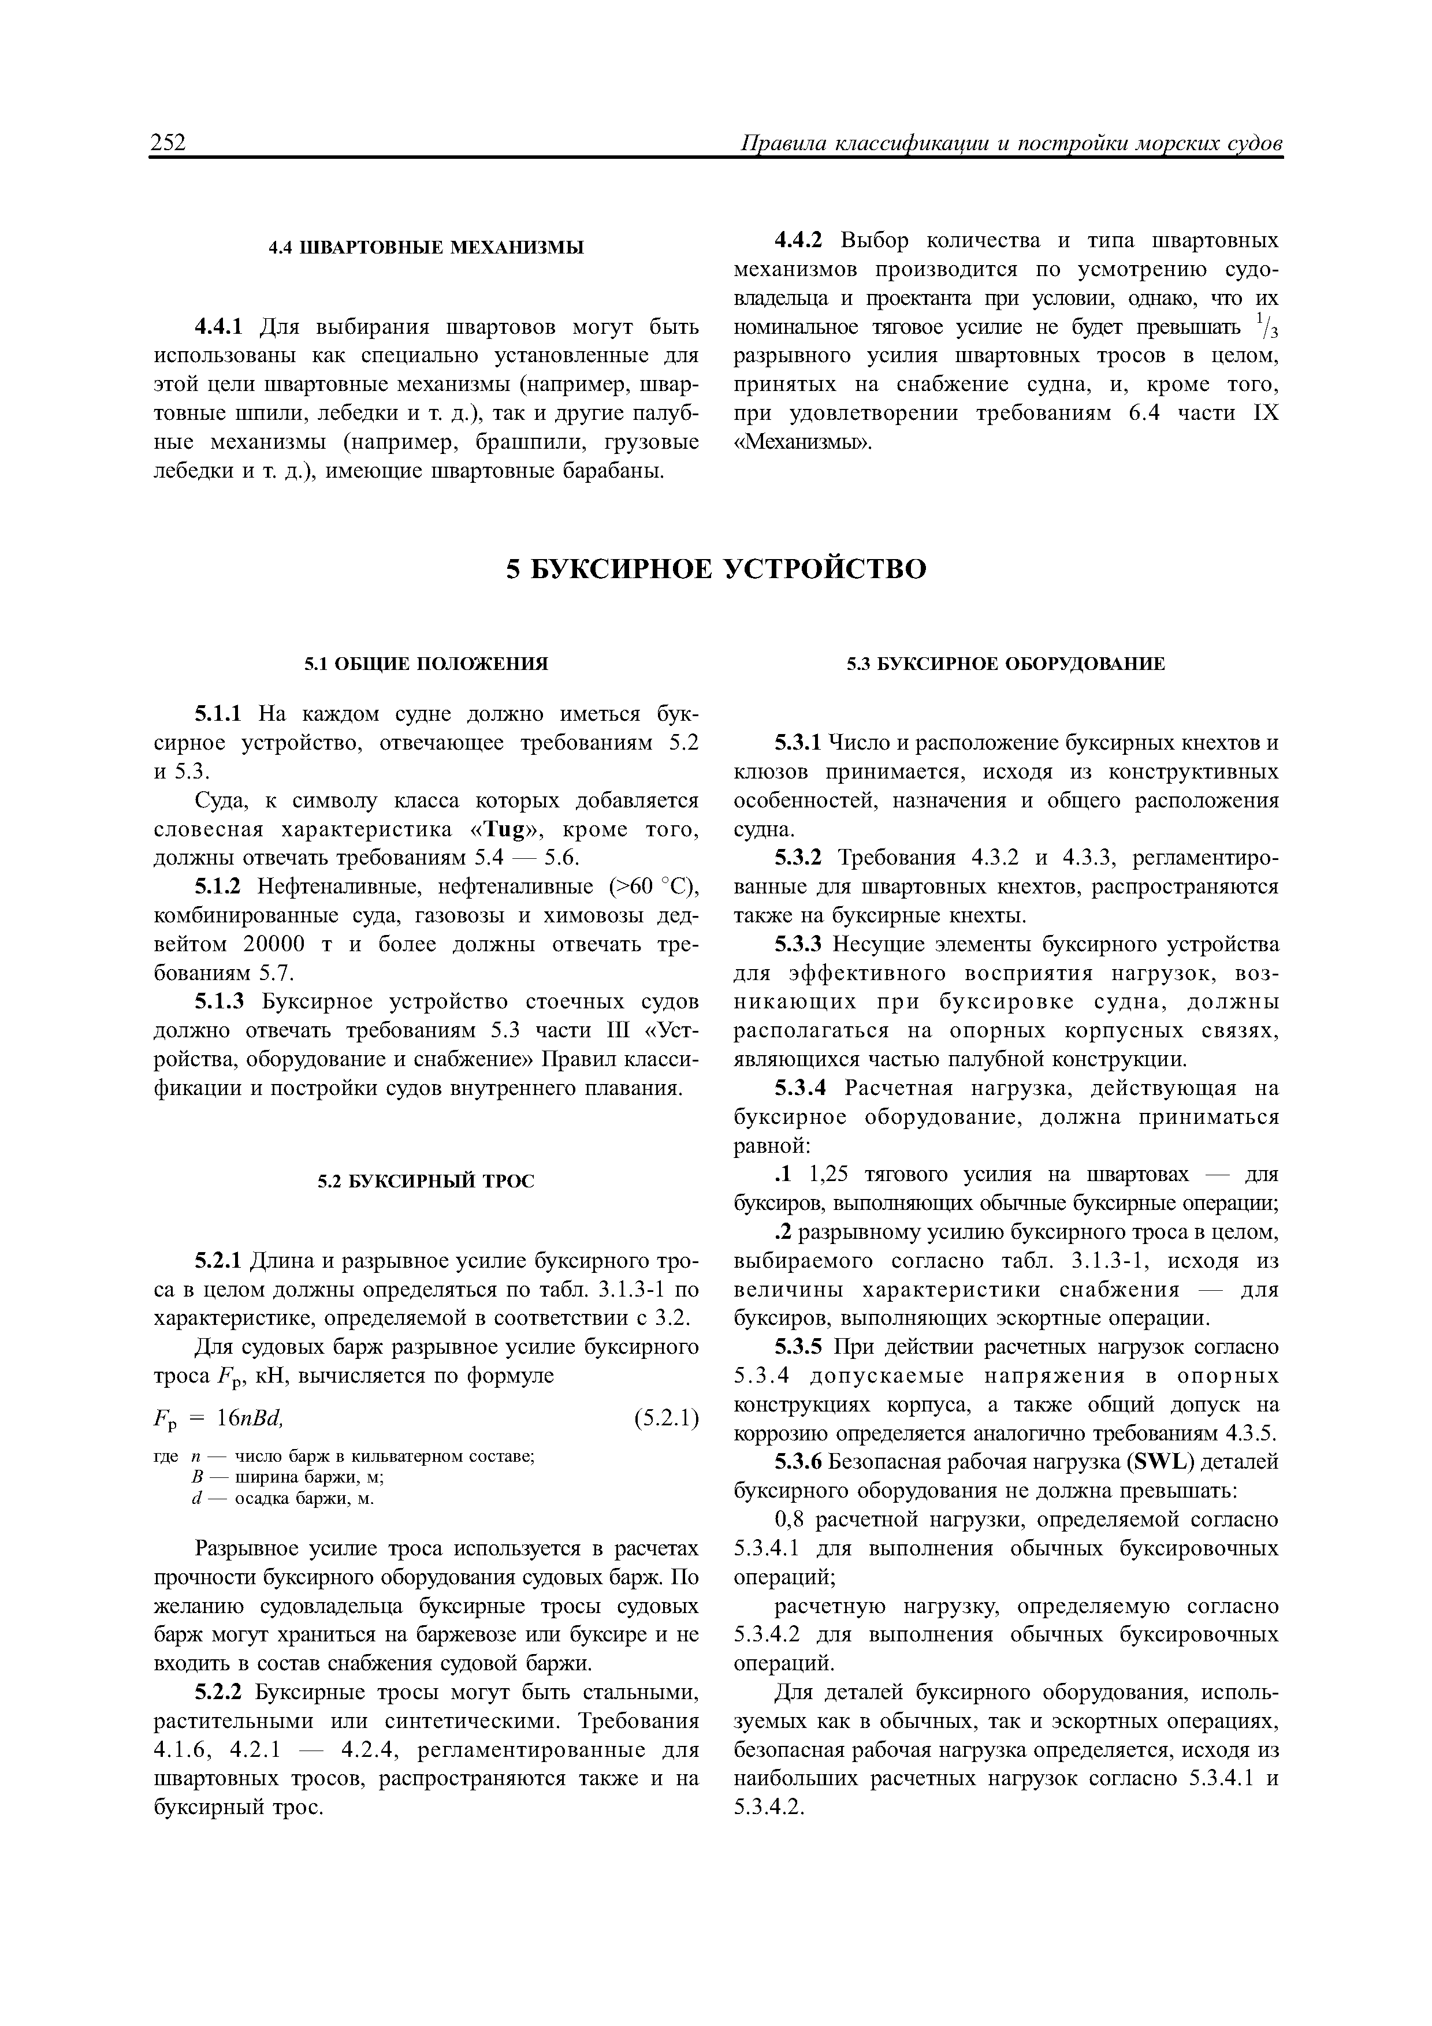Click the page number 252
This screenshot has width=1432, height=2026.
point(169,143)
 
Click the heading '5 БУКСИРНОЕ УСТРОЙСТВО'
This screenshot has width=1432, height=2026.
point(716,569)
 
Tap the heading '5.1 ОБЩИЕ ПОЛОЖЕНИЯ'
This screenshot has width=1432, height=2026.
point(426,664)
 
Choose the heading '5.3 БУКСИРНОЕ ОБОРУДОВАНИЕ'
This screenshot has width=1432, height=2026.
point(1006,664)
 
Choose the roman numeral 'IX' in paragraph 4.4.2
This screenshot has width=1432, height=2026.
point(1264,413)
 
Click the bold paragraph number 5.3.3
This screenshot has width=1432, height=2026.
point(798,944)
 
